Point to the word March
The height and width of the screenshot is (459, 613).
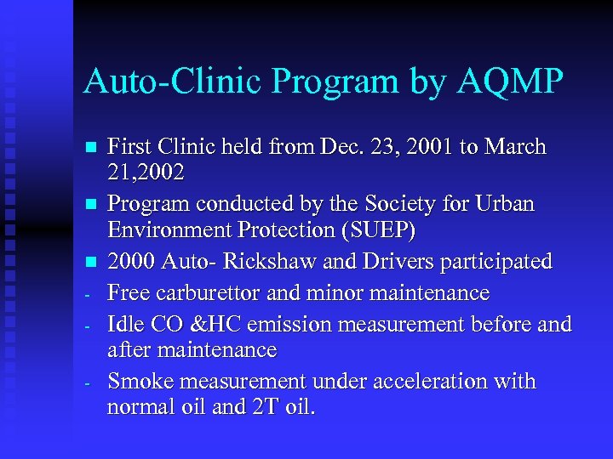pyautogui.click(x=515, y=147)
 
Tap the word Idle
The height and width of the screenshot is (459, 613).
pyautogui.click(x=124, y=324)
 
